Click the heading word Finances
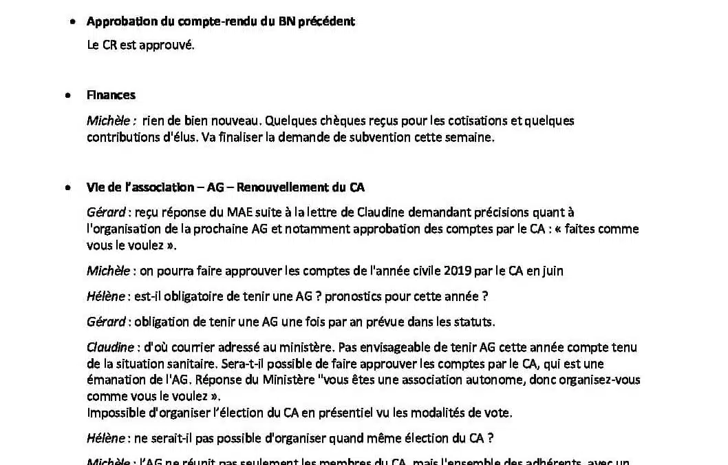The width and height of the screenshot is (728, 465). click(111, 95)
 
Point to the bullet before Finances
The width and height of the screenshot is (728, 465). click(67, 96)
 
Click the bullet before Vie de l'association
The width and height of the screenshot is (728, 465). click(67, 187)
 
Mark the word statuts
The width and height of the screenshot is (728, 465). click(474, 322)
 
